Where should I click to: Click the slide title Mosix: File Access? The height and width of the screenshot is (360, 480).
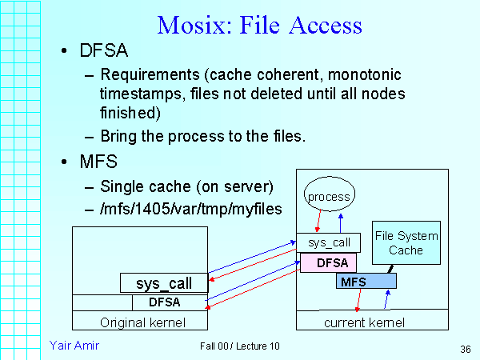pyautogui.click(x=260, y=24)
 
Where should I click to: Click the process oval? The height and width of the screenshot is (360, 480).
pyautogui.click(x=329, y=197)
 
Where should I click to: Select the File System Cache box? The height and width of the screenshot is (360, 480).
pyautogui.click(x=406, y=243)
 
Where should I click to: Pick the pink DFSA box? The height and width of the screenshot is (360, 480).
pyautogui.click(x=328, y=262)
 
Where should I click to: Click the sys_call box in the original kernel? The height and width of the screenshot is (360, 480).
pyautogui.click(x=165, y=283)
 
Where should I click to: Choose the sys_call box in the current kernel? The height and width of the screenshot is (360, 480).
pyautogui.click(x=328, y=242)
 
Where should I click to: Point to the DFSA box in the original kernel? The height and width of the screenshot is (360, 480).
pyautogui.click(x=169, y=302)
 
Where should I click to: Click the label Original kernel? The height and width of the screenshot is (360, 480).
pyautogui.click(x=142, y=322)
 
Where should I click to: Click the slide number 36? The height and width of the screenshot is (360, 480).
pyautogui.click(x=465, y=350)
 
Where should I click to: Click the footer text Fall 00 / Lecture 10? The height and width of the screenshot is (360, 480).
pyautogui.click(x=240, y=346)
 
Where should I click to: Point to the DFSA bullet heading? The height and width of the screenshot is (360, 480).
pyautogui.click(x=105, y=53)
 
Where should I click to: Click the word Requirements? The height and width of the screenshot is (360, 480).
pyautogui.click(x=147, y=75)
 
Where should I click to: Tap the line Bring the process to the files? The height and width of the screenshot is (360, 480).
pyautogui.click(x=203, y=136)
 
